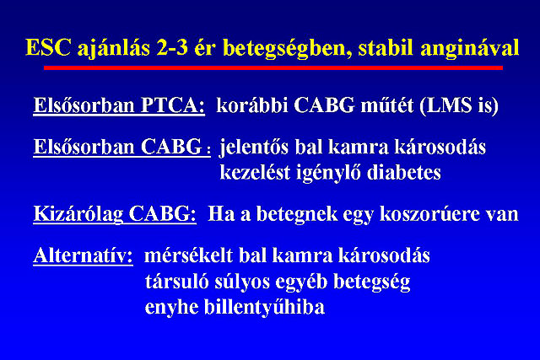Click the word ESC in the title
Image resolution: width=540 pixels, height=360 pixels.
pyautogui.click(x=48, y=47)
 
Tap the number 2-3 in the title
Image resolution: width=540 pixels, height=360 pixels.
pyautogui.click(x=172, y=47)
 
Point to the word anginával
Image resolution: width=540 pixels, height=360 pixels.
pyautogui.click(x=470, y=48)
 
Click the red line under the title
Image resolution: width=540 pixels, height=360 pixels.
pyautogui.click(x=273, y=67)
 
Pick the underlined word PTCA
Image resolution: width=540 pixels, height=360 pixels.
pyautogui.click(x=173, y=105)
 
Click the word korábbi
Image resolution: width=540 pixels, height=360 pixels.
pyautogui.click(x=251, y=105)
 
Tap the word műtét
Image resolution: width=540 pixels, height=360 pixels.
pyautogui.click(x=387, y=105)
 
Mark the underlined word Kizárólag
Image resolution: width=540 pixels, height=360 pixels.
pyautogui.click(x=78, y=214)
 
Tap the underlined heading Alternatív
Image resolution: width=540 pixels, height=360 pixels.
pyautogui.click(x=83, y=255)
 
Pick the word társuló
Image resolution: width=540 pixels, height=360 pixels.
pyautogui.click(x=176, y=282)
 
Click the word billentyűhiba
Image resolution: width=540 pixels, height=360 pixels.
pyautogui.click(x=264, y=308)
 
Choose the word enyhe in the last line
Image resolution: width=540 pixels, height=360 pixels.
pyautogui.click(x=171, y=308)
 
